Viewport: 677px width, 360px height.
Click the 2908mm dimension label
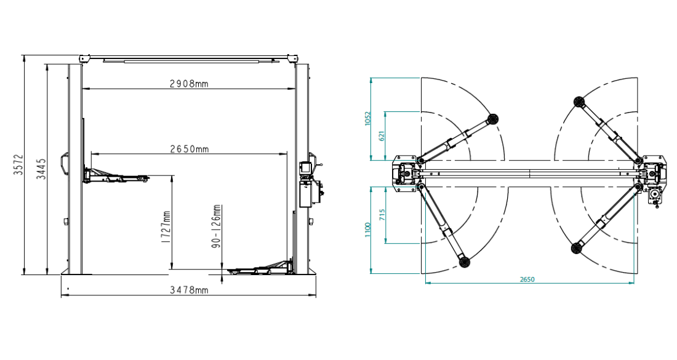pyautogui.click(x=189, y=83)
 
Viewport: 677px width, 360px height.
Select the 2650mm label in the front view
pyautogui.click(x=190, y=149)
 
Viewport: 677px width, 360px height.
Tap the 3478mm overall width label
pyautogui.click(x=189, y=290)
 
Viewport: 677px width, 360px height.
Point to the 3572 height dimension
pyautogui.click(x=18, y=164)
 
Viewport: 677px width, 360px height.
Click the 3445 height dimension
pyautogui.click(x=41, y=169)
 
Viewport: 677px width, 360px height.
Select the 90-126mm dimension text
pyautogui.click(x=217, y=226)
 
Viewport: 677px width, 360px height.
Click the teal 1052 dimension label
pyautogui.click(x=367, y=119)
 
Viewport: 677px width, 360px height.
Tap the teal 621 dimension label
pyautogui.click(x=381, y=136)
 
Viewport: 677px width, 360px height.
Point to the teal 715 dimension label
pyautogui.click(x=382, y=215)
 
